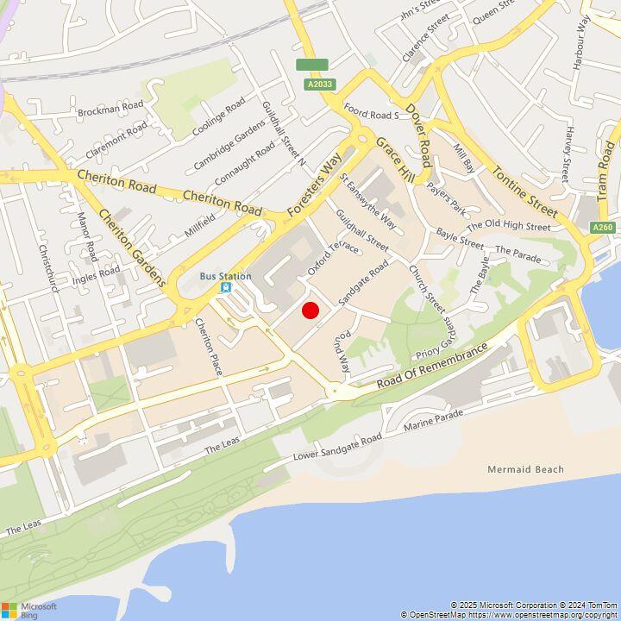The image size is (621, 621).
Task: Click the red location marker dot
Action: tap(310, 310)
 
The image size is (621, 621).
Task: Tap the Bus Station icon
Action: tap(226, 288)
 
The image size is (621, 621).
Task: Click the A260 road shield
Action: tap(603, 227)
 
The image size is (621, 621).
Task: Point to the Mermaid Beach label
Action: tap(525, 470)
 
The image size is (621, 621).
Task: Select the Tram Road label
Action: tap(607, 172)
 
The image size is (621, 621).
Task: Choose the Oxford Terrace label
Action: tap(332, 258)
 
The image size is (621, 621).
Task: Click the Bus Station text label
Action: tap(226, 276)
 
